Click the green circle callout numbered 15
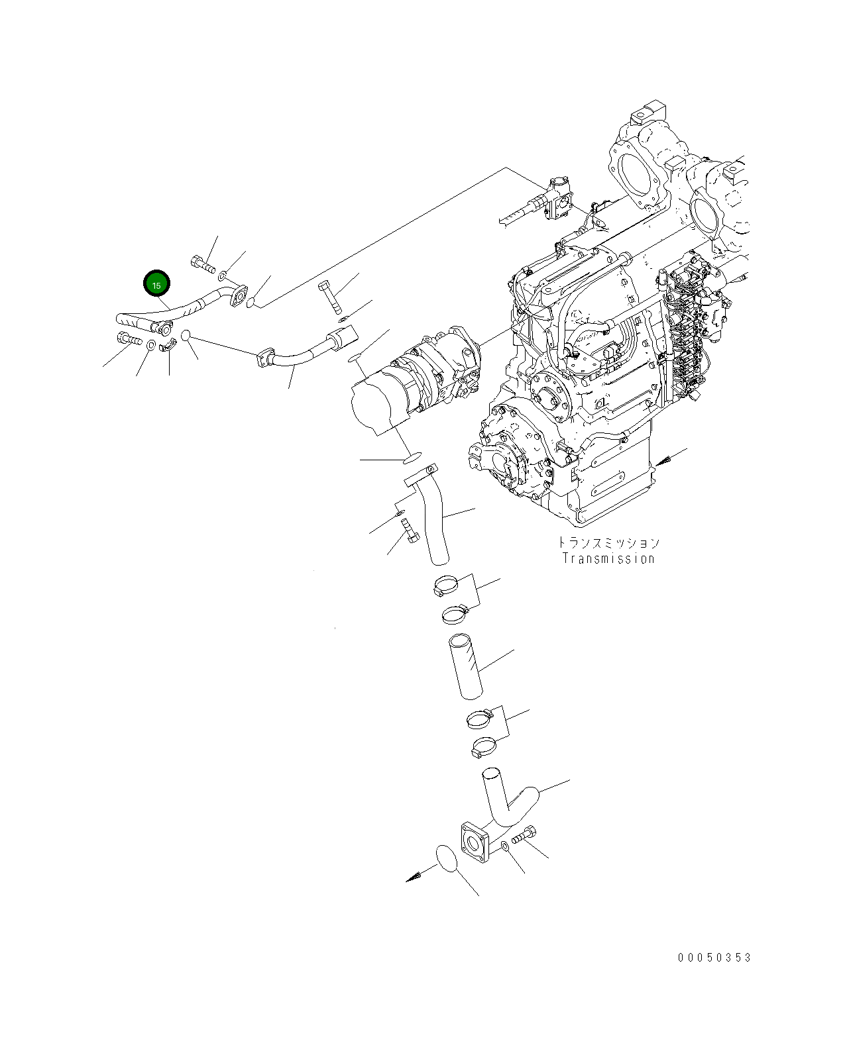point(157,285)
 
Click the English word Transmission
point(608,558)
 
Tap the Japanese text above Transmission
point(608,543)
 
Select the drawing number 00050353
point(714,958)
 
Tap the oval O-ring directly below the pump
point(412,458)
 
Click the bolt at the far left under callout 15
point(128,339)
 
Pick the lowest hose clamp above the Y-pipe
point(484,748)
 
